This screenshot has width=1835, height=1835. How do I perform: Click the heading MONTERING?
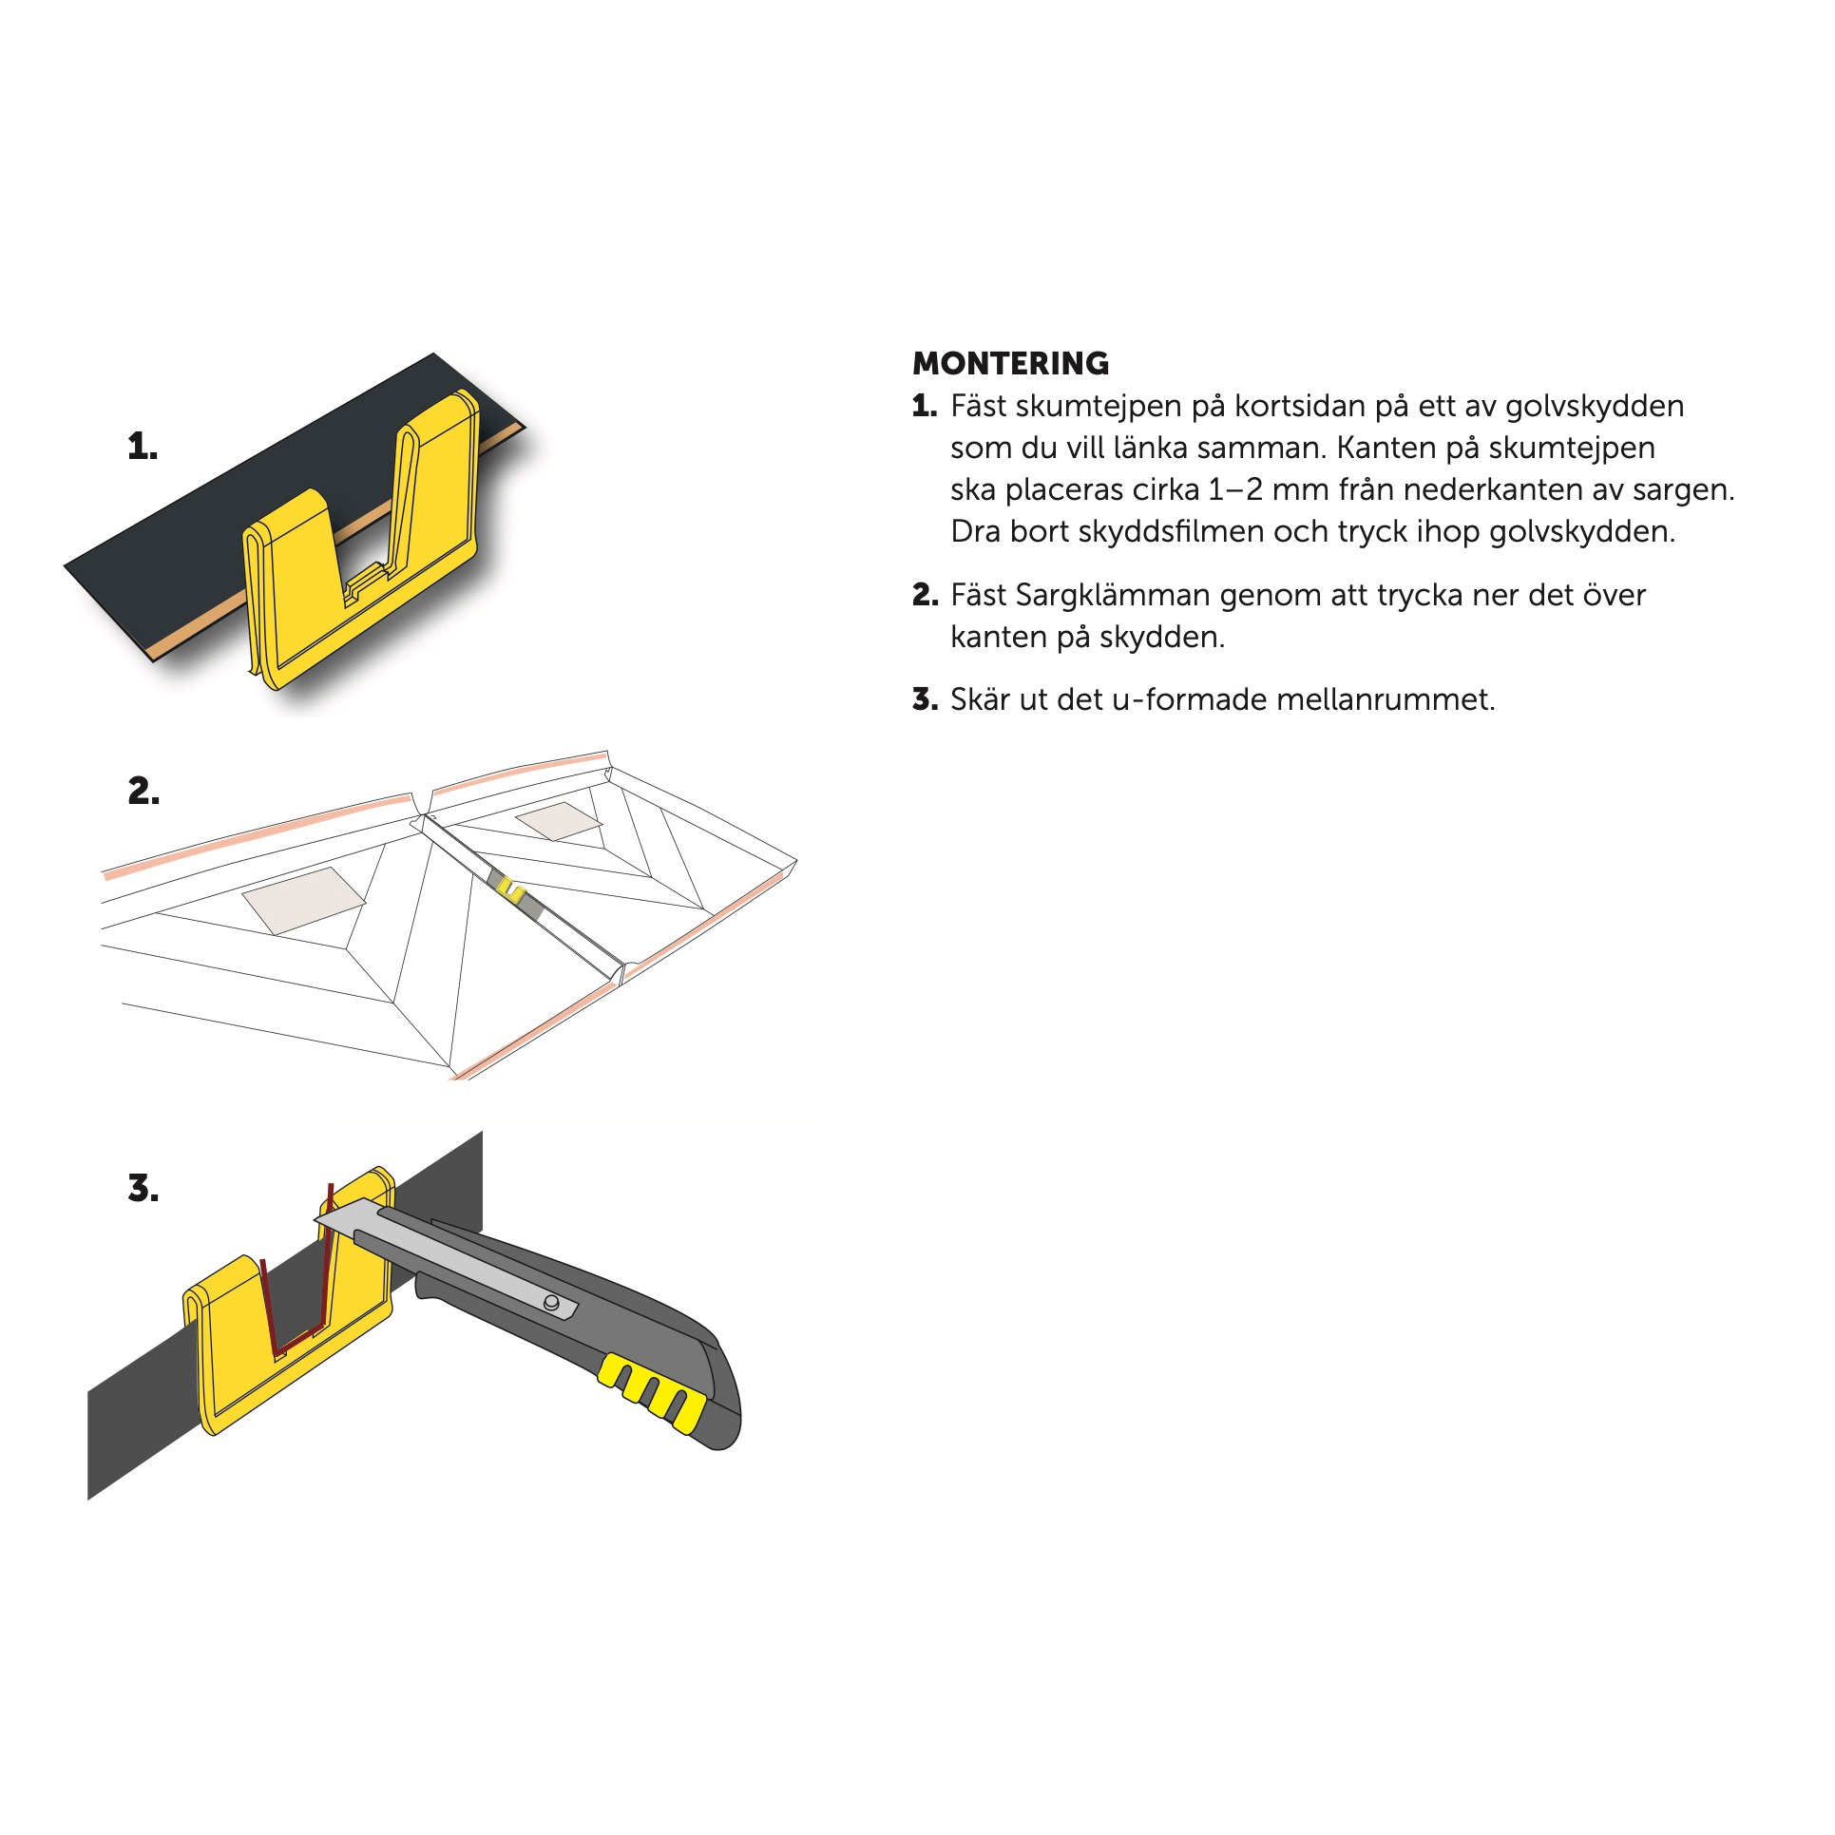[1010, 363]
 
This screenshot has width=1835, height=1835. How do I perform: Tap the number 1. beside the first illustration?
[143, 447]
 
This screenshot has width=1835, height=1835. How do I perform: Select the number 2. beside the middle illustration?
[143, 791]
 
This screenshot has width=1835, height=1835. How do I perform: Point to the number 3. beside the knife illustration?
[143, 1188]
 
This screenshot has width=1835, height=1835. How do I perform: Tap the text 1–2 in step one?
[1235, 489]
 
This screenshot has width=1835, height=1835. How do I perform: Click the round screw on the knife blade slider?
[551, 1302]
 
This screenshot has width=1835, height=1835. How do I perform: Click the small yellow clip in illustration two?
[511, 889]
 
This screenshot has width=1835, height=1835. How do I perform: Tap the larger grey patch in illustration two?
[303, 900]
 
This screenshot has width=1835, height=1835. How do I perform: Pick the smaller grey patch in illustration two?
[559, 821]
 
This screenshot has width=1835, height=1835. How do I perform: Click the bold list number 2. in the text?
[925, 596]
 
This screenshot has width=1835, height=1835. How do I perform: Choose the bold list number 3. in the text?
[925, 700]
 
